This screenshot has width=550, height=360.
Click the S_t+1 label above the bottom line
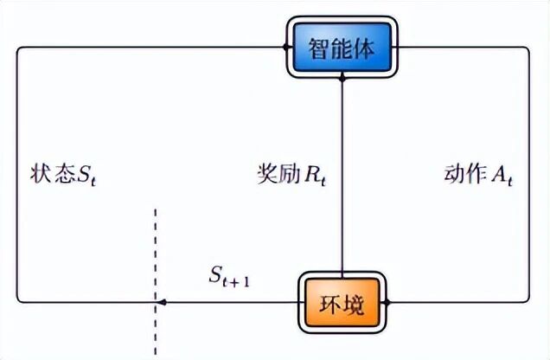(229, 277)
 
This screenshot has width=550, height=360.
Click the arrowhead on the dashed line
(160, 303)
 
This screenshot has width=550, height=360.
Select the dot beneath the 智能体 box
(342, 79)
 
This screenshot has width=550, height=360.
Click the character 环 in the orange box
(331, 303)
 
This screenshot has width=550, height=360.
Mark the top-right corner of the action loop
(528, 48)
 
